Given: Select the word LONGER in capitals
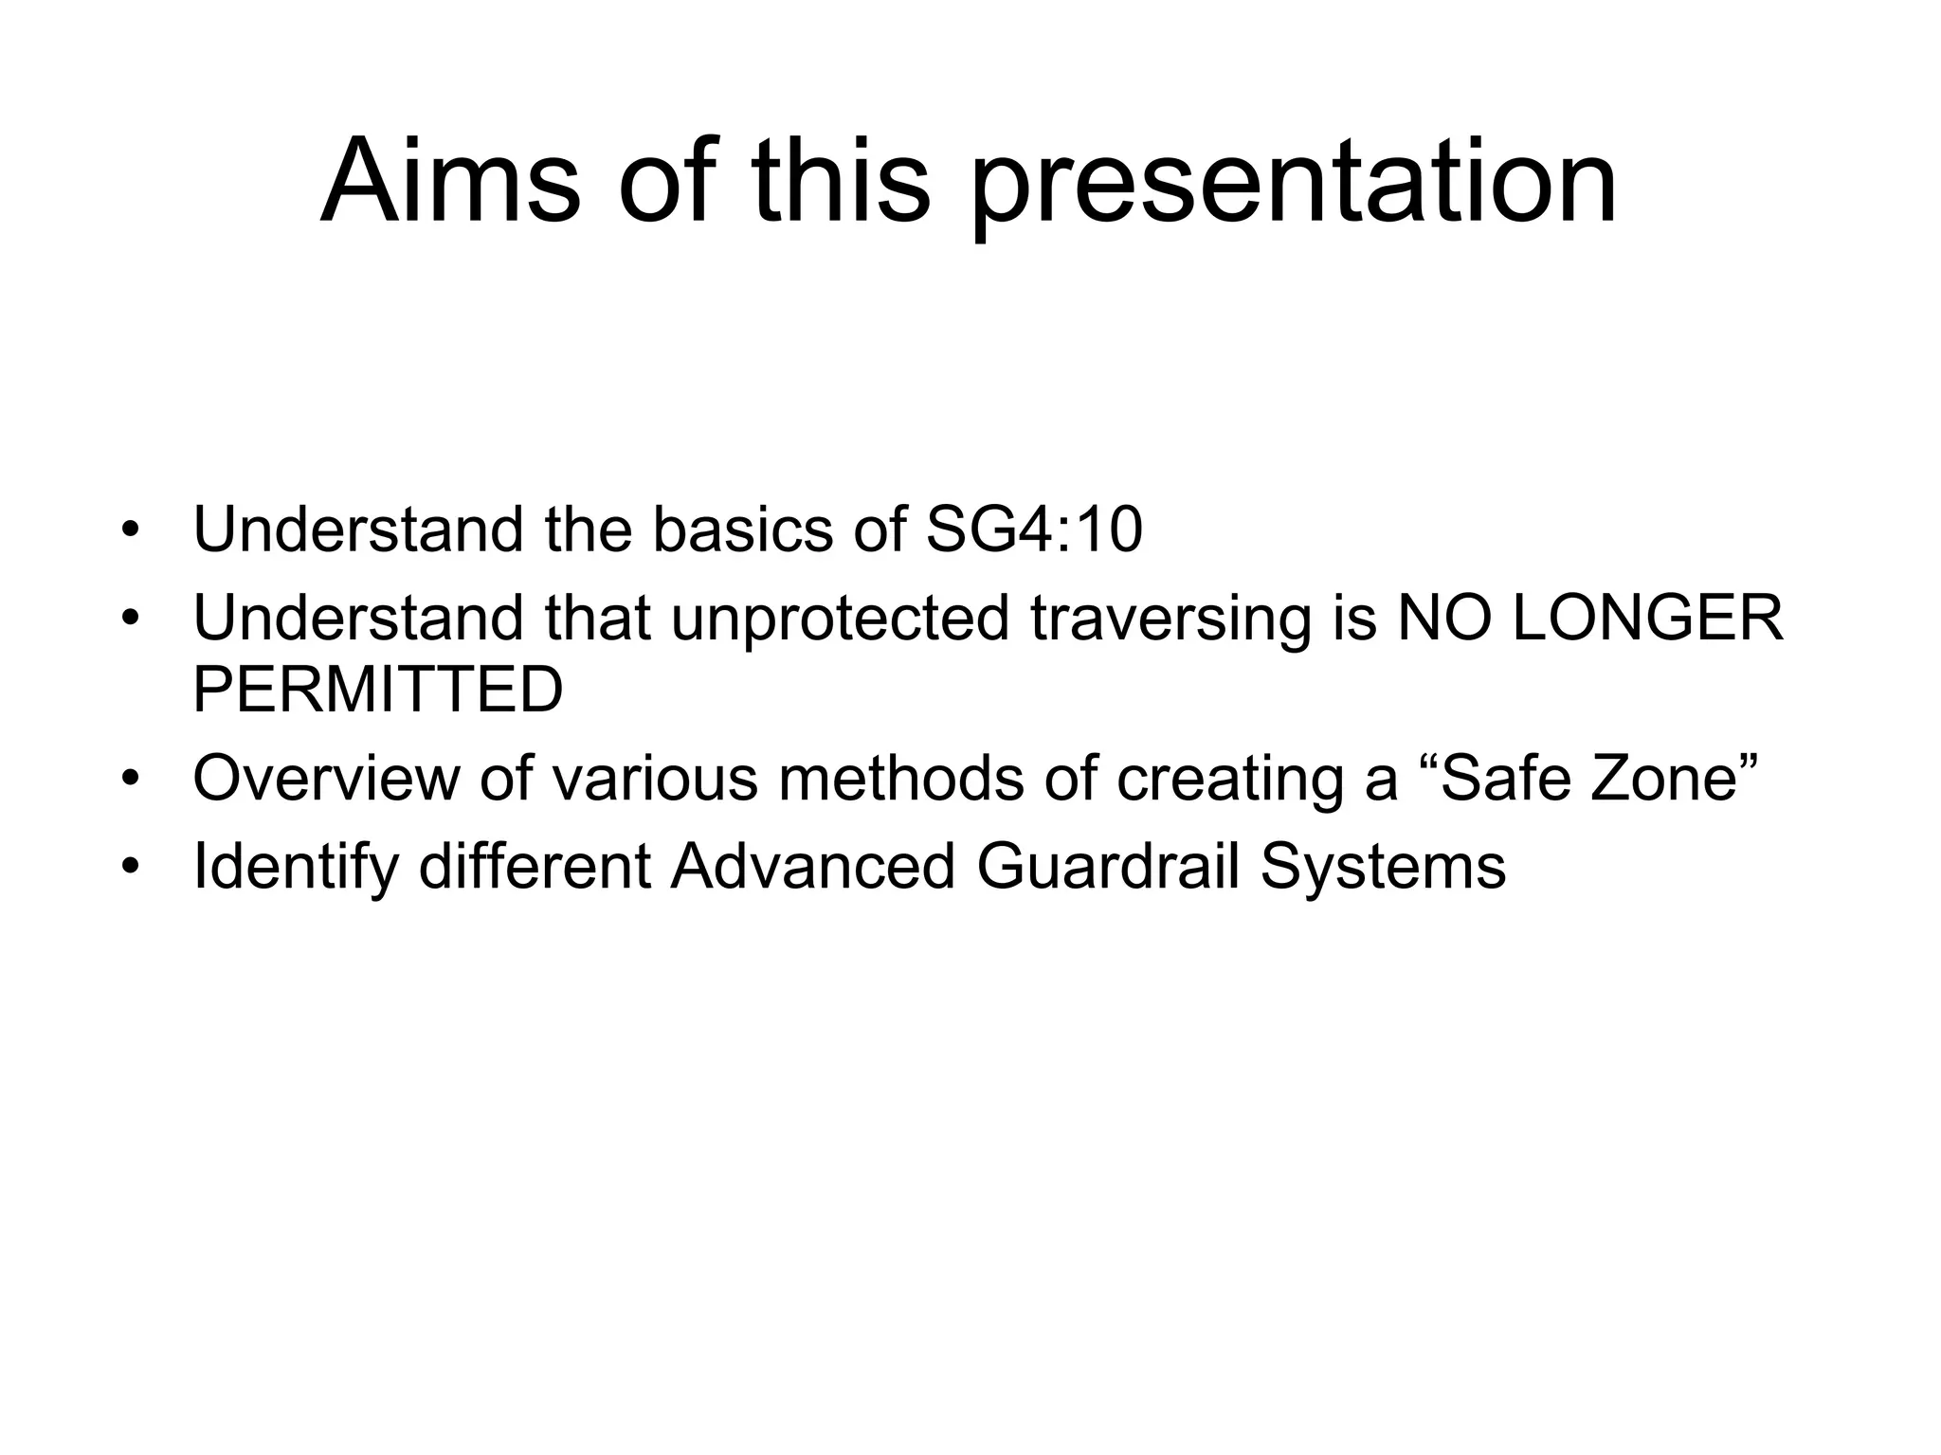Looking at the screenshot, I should tap(1648, 618).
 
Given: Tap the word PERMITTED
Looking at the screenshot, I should tap(378, 690).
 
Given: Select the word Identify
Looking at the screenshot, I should tap(295, 867).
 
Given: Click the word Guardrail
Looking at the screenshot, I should tap(1108, 867).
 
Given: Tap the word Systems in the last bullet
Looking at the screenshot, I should tap(1383, 867).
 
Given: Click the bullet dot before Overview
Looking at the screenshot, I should tap(131, 780).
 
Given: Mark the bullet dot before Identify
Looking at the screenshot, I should tap(131, 868).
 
